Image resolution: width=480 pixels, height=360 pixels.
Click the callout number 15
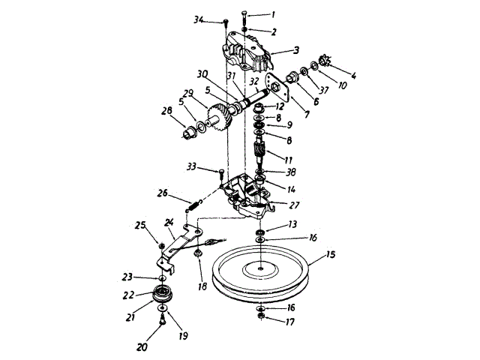coord(331,255)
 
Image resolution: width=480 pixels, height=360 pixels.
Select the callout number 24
coord(169,222)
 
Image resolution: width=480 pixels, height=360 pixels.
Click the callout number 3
coord(296,51)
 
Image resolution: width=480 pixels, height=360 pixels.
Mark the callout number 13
coord(292,224)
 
